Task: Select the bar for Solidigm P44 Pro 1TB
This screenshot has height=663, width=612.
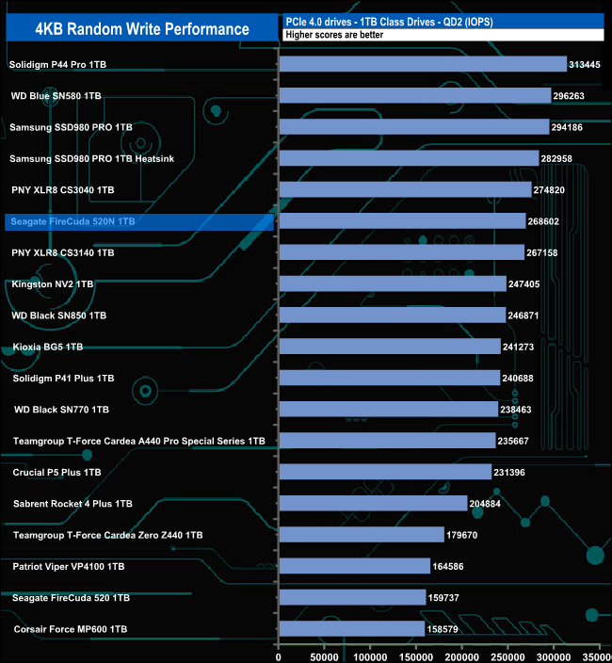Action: click(423, 64)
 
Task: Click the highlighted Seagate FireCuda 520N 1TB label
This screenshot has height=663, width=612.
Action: click(72, 221)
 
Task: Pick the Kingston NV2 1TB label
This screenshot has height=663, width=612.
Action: click(53, 283)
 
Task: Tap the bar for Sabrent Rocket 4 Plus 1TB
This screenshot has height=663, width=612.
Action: click(373, 503)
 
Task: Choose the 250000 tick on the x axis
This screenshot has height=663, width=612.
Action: click(508, 653)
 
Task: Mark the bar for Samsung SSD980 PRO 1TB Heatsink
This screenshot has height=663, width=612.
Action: click(409, 158)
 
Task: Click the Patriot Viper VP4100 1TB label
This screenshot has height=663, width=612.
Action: click(69, 567)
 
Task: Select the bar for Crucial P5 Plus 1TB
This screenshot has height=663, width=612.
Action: click(385, 472)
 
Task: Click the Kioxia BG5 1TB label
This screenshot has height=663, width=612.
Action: click(48, 347)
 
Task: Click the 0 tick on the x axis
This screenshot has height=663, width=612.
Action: click(279, 653)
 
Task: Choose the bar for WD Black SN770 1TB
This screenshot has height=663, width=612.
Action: click(388, 409)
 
